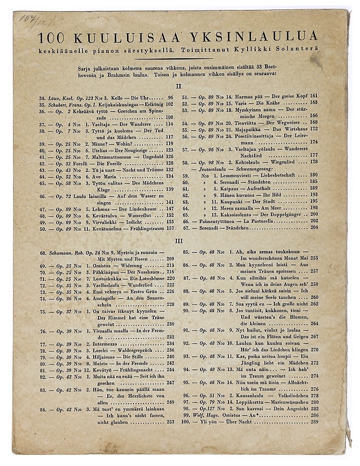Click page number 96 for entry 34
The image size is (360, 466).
point(170,97)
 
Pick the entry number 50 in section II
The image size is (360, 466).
point(43,228)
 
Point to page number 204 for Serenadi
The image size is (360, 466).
point(313,228)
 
